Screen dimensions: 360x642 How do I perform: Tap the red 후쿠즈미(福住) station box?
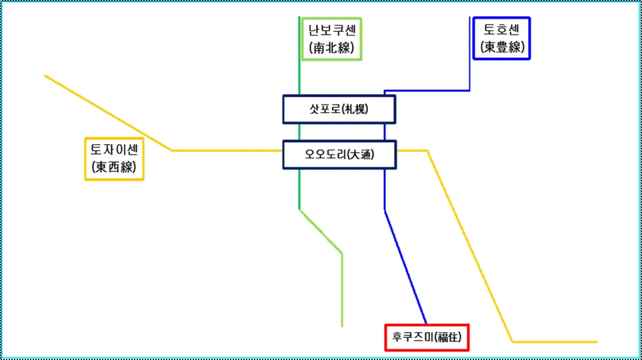click(427, 337)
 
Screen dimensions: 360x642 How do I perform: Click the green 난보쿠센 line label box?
click(331, 39)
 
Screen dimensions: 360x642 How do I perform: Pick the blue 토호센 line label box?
click(501, 39)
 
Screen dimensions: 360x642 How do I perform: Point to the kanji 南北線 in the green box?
click(331, 48)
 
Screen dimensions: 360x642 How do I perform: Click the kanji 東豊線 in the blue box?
click(501, 48)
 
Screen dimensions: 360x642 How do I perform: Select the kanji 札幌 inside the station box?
click(356, 109)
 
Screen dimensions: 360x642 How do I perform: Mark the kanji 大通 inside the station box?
click(359, 155)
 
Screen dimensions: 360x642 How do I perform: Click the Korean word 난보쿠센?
click(331, 30)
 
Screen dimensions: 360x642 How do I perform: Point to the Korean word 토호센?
click(501, 30)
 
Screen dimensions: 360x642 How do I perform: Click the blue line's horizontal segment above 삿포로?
click(427, 91)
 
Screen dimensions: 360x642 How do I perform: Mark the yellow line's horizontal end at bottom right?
click(553, 341)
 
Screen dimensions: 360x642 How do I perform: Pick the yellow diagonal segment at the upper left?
click(107, 112)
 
